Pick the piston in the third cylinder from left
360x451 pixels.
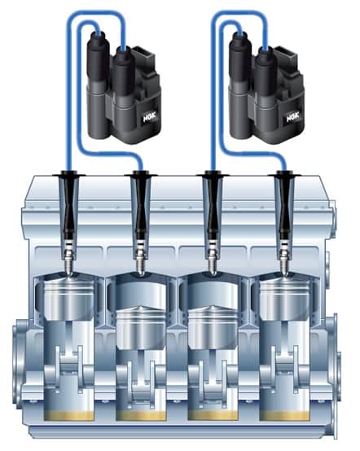point(213,326)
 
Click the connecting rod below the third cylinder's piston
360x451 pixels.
point(213,374)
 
